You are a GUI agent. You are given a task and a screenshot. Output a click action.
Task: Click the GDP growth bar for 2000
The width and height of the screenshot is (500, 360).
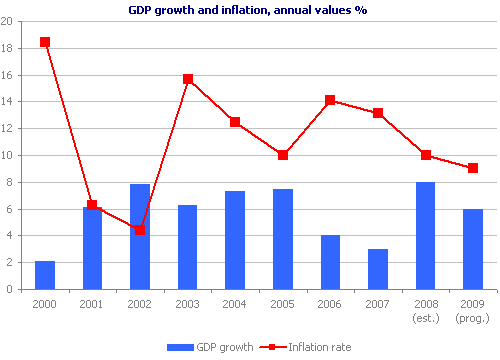coord(44,275)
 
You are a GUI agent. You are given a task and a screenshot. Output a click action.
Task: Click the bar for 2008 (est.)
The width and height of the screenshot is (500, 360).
coord(425,236)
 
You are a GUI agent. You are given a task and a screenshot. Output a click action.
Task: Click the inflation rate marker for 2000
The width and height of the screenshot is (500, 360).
coord(44,42)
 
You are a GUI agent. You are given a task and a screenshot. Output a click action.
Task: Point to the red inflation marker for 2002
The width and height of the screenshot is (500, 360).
coord(140,230)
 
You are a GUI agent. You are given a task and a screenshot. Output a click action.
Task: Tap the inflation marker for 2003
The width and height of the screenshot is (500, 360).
coord(188,79)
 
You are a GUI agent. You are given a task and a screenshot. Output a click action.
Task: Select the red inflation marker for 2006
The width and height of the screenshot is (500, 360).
coord(330,100)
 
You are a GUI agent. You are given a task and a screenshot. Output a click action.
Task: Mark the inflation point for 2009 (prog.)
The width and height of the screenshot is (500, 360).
coord(473,168)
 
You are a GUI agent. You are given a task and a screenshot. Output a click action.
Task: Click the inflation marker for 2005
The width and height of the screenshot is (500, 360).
coord(283,155)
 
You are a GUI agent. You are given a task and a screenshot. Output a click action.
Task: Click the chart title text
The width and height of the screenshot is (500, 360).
coord(250,11)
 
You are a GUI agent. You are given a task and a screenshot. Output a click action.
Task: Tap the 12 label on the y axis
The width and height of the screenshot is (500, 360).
coord(11,129)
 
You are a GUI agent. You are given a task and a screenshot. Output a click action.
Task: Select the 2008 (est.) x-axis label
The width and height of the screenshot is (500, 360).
coord(425,311)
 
